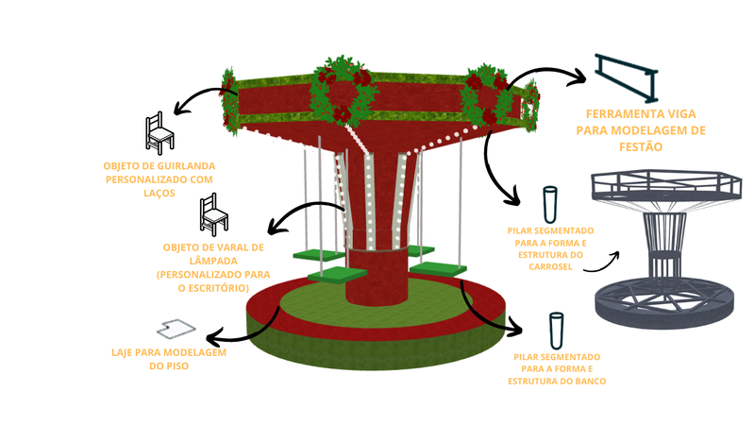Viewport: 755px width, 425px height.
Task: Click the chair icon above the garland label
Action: [159, 134]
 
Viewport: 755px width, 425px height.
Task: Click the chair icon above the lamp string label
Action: [214, 216]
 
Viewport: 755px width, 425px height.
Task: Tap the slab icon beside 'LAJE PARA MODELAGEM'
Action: [176, 329]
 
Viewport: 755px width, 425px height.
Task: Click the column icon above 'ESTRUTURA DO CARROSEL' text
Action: [549, 203]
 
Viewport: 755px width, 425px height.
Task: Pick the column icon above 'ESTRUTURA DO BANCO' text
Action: [558, 331]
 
